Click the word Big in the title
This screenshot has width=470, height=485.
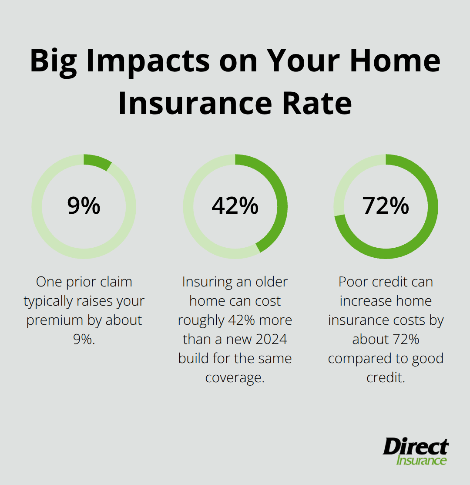(x=54, y=61)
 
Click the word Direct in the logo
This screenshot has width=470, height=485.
(x=415, y=447)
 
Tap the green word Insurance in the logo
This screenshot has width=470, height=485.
(x=421, y=460)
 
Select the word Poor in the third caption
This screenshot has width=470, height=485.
(x=353, y=282)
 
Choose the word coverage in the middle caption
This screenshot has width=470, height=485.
(x=235, y=377)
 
